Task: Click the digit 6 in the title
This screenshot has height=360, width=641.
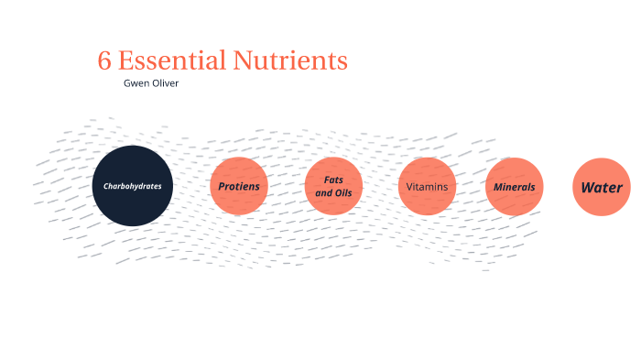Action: [x=104, y=61]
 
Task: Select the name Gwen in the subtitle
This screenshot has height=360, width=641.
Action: [x=136, y=82]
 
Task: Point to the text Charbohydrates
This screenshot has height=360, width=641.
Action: [x=132, y=186]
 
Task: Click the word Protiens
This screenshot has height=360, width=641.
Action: [x=239, y=186]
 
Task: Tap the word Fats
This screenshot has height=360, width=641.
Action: [x=333, y=180]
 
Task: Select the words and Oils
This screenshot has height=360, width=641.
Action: [x=333, y=193]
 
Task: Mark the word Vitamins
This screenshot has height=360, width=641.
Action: [x=427, y=186]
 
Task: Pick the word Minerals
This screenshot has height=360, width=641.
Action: [x=514, y=186]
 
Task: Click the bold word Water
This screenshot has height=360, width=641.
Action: [x=602, y=188]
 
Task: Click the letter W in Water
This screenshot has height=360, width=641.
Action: [x=586, y=188]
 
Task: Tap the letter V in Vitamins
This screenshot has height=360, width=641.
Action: [x=409, y=186]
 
